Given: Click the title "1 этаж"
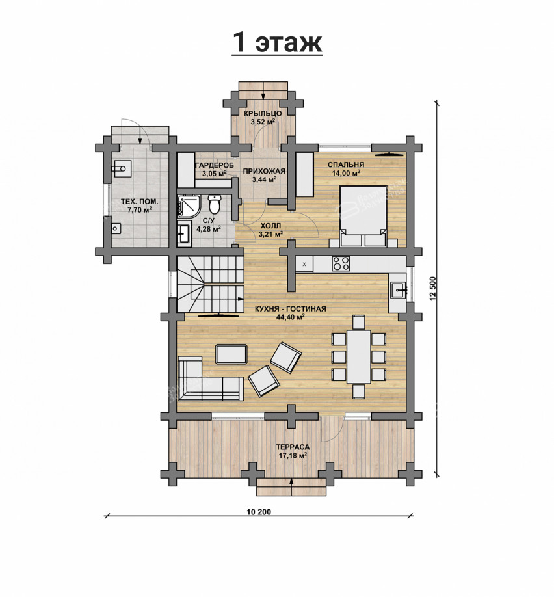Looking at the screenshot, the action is click(x=277, y=42).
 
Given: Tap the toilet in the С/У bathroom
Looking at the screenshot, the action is click(x=215, y=204).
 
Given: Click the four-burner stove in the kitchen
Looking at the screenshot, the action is click(x=341, y=263).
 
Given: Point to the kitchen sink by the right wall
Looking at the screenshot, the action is click(x=398, y=290).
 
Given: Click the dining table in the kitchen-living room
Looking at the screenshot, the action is click(x=358, y=356).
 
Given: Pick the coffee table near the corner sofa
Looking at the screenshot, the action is click(x=231, y=354).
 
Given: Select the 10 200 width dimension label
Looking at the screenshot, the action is click(x=259, y=511).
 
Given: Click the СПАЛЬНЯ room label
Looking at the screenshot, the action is click(x=346, y=165).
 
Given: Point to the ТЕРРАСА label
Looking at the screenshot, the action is click(x=293, y=447).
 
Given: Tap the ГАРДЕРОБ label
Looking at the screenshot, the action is click(x=215, y=165).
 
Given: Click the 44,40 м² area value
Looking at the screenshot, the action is click(x=291, y=317).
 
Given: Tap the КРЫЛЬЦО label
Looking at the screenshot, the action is click(x=263, y=113).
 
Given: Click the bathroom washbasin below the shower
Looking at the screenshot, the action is click(x=184, y=232).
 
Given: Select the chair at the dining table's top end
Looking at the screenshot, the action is click(x=359, y=322).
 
